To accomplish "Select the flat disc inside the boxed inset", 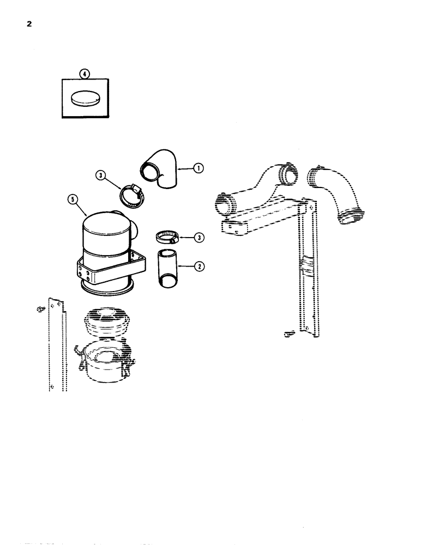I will point(86,99).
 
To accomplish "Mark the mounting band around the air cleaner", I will point(109,269).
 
